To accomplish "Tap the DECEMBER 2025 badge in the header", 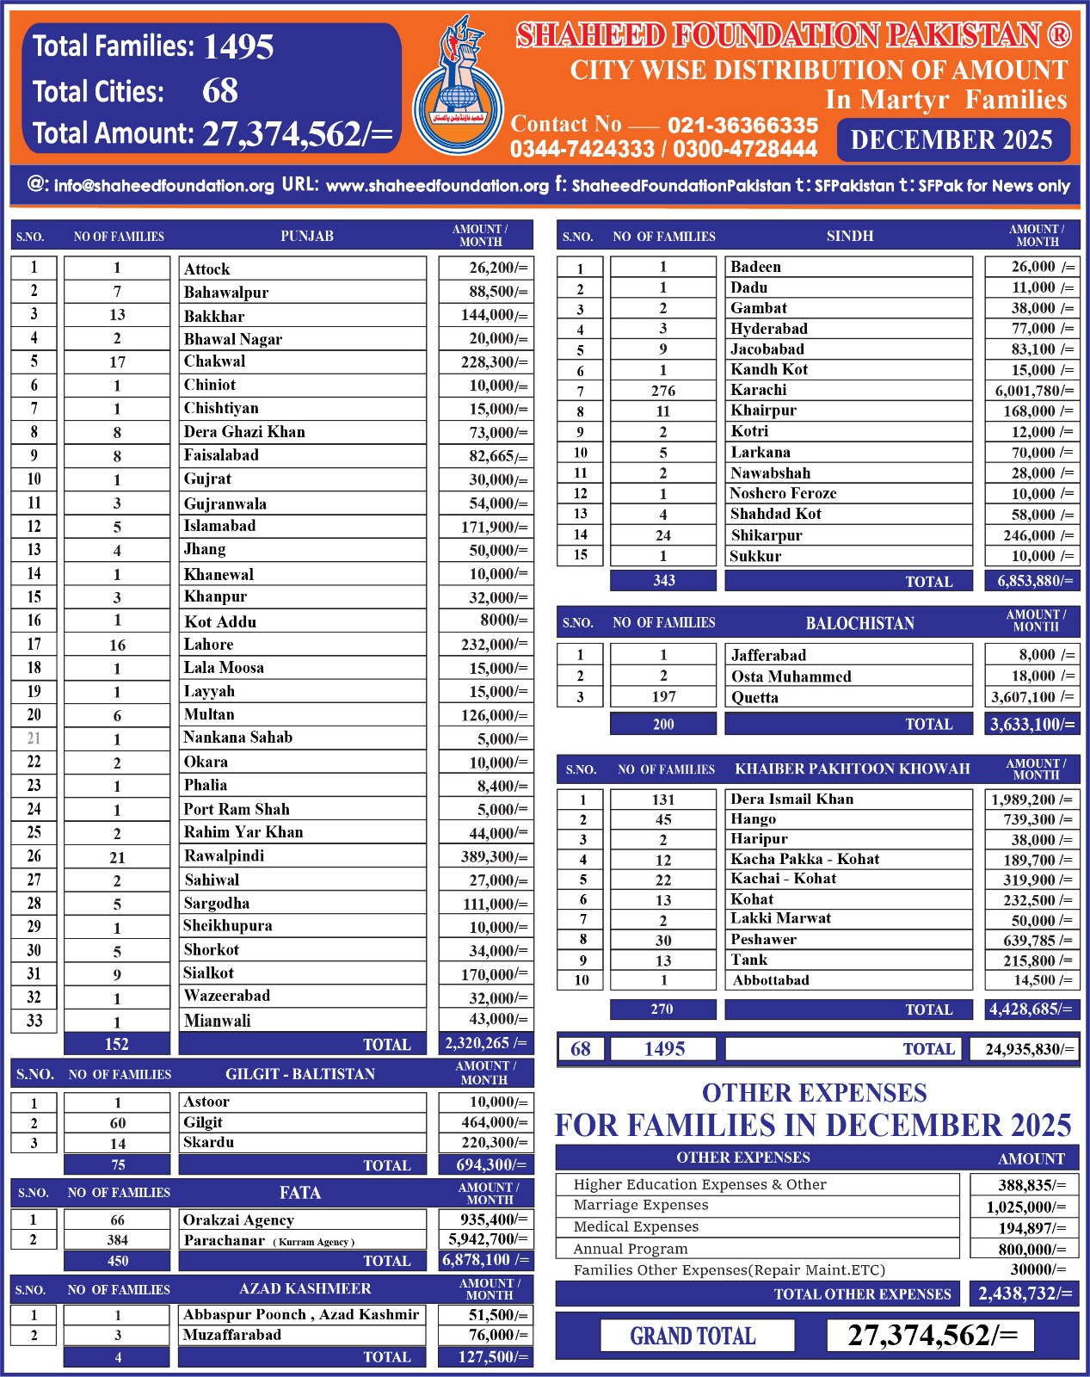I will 952,140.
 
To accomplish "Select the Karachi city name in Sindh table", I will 758,390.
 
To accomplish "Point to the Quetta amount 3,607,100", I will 1031,697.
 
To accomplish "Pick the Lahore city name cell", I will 208,644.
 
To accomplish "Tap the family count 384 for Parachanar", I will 117,1240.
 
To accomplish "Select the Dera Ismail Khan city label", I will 791,799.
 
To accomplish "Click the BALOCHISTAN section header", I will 859,623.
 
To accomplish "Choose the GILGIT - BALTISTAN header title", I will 300,1074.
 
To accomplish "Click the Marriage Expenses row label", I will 641,1205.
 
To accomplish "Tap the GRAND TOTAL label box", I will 693,1336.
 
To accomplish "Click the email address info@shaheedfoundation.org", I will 163,185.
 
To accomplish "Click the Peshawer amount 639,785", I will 1031,940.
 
